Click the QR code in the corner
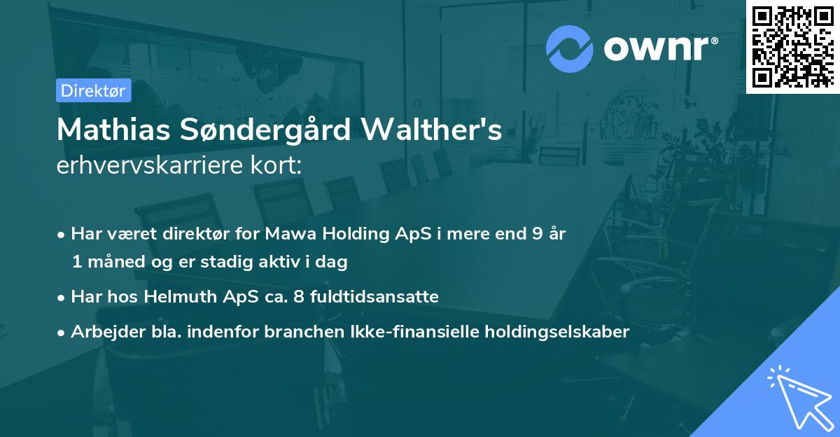[x=792, y=46]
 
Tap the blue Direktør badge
[x=93, y=90]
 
